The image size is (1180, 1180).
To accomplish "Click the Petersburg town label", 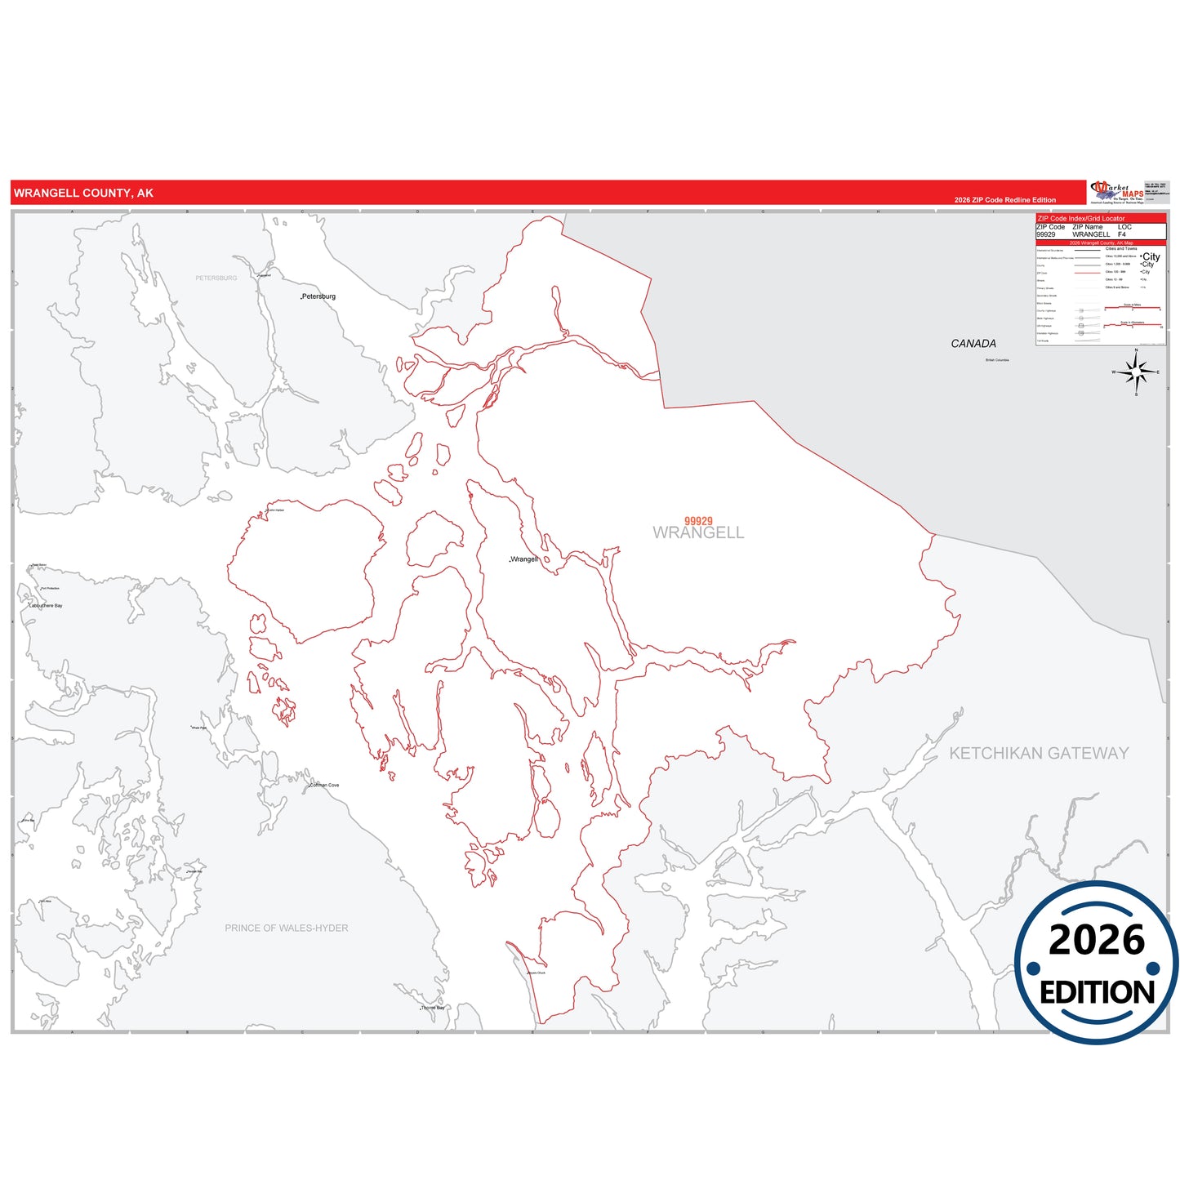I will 318,296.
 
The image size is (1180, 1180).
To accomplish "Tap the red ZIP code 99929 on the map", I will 698,521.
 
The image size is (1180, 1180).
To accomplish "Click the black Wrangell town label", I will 524,559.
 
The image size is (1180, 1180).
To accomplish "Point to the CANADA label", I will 973,344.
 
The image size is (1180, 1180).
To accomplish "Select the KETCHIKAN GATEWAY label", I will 1039,753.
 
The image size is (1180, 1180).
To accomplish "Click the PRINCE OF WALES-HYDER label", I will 287,928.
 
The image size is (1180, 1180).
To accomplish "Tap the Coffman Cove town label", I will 324,786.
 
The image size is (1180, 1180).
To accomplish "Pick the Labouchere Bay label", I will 47,606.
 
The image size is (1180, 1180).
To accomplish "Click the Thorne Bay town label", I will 433,1008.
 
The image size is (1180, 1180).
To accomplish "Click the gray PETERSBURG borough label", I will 216,278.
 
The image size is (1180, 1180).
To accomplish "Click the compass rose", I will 1136,372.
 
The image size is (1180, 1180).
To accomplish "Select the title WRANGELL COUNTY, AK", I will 83,194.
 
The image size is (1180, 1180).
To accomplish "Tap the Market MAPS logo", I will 1116,193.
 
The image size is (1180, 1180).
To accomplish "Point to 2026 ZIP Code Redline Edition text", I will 1004,200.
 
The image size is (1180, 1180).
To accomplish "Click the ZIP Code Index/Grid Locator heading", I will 1081,219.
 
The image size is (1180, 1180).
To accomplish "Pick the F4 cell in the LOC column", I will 1122,234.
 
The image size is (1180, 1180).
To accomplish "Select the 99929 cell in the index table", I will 1046,234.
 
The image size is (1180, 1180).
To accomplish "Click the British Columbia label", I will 997,360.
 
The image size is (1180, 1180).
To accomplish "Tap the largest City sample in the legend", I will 1151,256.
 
